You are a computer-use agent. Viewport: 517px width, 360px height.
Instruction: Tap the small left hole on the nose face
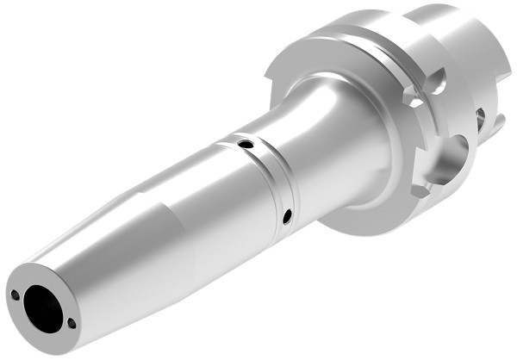(x=16, y=295)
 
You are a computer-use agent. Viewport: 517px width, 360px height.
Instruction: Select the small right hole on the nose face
(x=71, y=324)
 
